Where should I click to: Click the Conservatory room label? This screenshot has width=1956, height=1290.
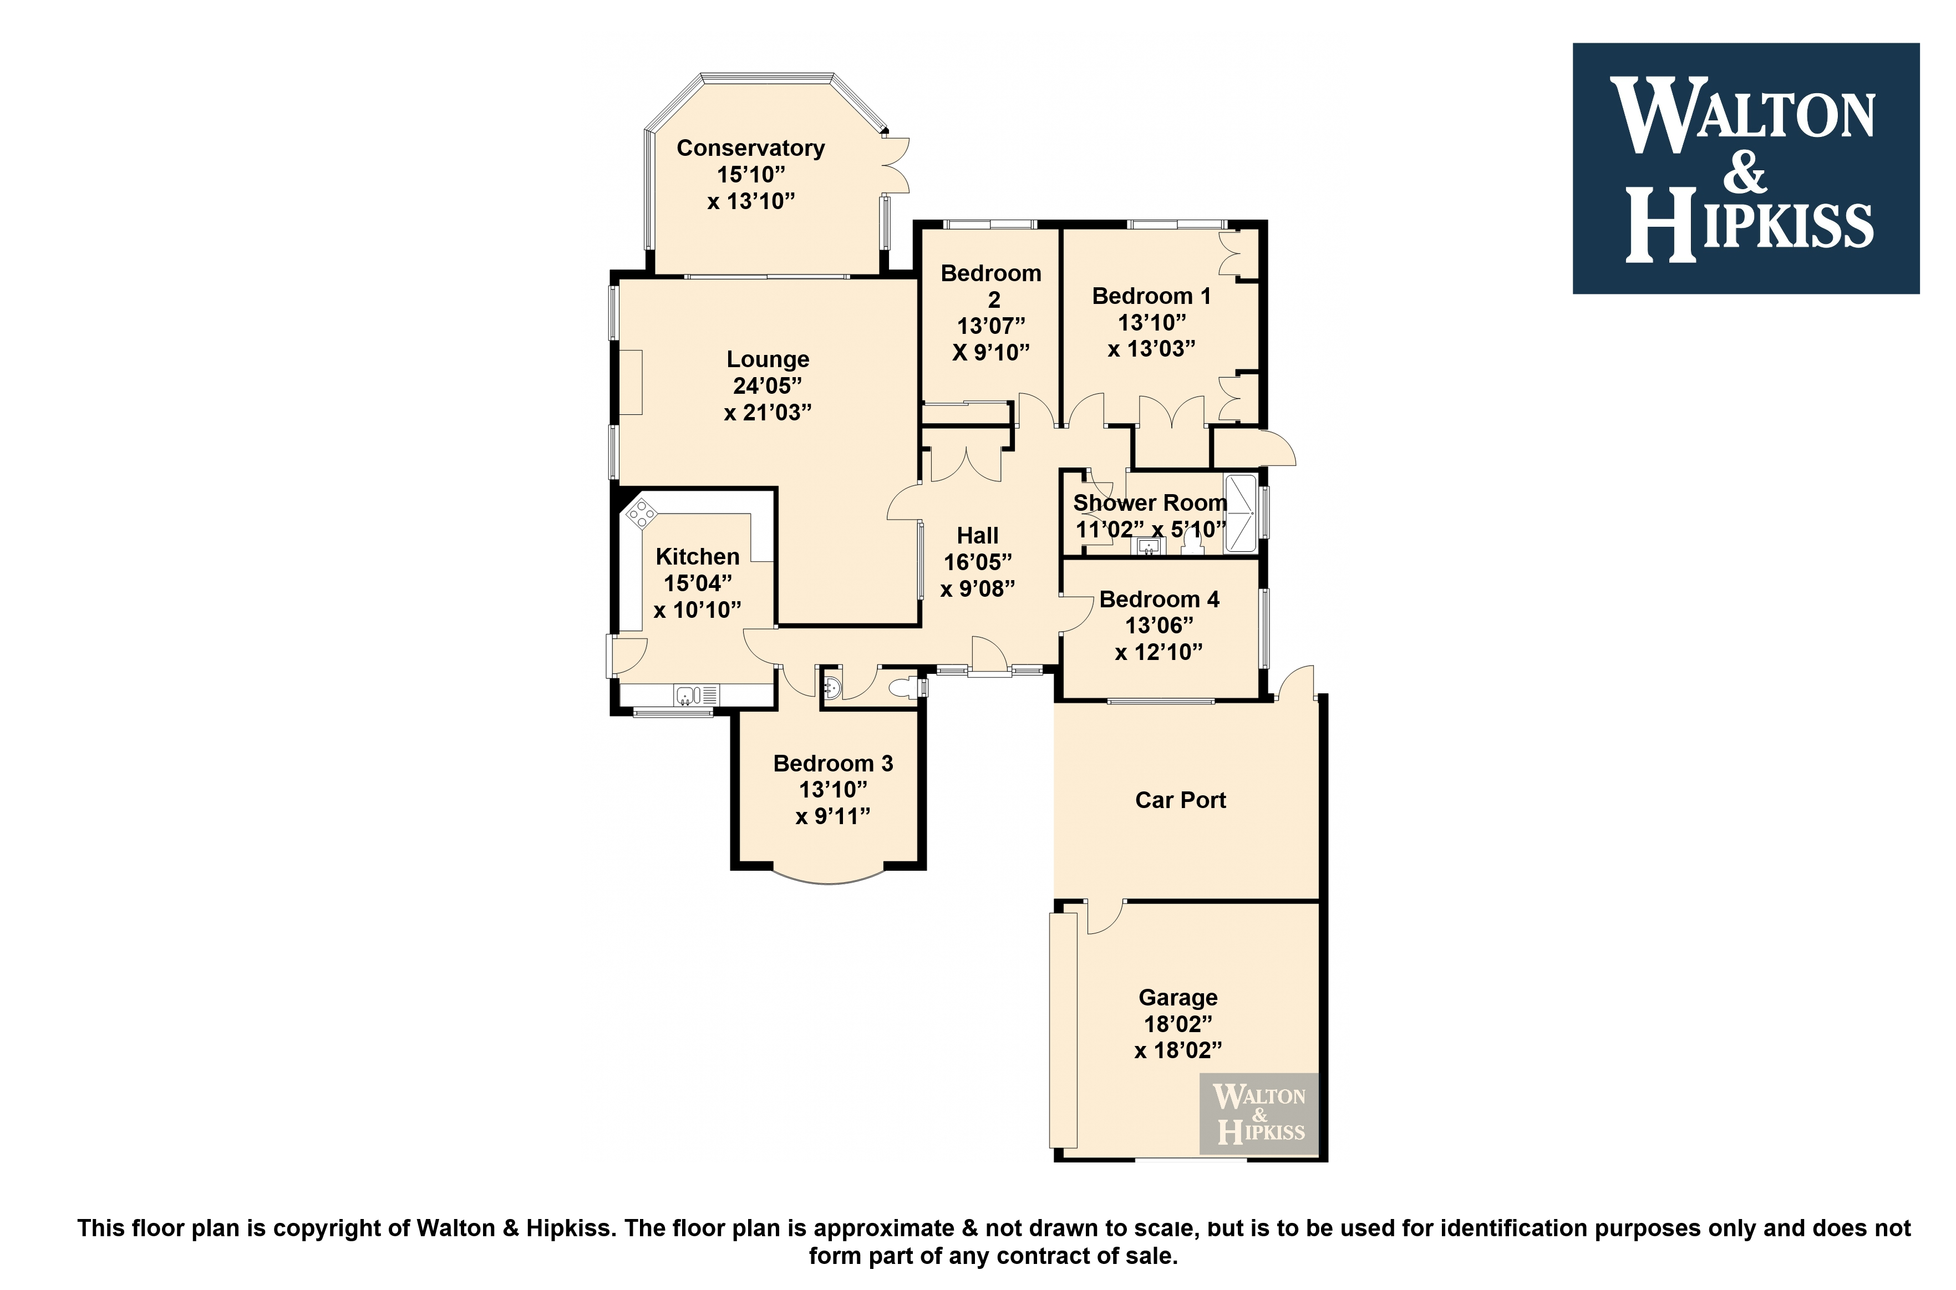pyautogui.click(x=750, y=148)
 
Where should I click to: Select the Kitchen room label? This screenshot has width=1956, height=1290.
pyautogui.click(x=698, y=557)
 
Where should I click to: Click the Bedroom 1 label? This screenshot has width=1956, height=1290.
pyautogui.click(x=1151, y=296)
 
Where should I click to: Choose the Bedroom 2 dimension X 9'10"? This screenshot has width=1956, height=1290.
pyautogui.click(x=991, y=353)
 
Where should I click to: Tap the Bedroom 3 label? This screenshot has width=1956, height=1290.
pyautogui.click(x=832, y=764)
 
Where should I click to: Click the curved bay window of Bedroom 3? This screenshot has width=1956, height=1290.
pyautogui.click(x=829, y=878)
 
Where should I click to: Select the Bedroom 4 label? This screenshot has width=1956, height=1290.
pyautogui.click(x=1159, y=600)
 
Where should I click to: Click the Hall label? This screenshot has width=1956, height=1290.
pyautogui.click(x=977, y=536)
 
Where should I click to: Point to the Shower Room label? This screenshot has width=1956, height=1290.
pyautogui.click(x=1150, y=502)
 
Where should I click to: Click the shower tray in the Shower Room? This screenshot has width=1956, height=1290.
pyautogui.click(x=1241, y=514)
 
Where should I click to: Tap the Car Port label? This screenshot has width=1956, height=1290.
pyautogui.click(x=1180, y=800)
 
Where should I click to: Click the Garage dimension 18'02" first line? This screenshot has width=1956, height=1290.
pyautogui.click(x=1178, y=1024)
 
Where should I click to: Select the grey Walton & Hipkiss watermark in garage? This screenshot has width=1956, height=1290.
pyautogui.click(x=1258, y=1115)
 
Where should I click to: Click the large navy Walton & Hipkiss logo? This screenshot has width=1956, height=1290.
pyautogui.click(x=1745, y=169)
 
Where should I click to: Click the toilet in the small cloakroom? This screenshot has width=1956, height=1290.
pyautogui.click(x=906, y=688)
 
